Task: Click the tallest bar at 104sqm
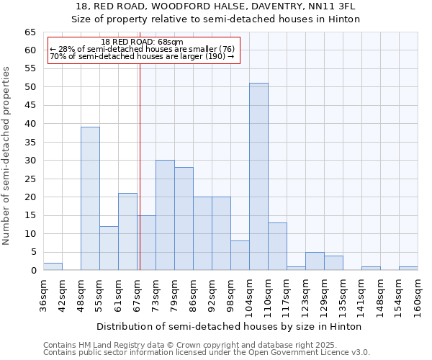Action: pyautogui.click(x=258, y=176)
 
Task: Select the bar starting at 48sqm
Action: pyautogui.click(x=90, y=199)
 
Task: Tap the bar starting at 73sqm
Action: pyautogui.click(x=165, y=215)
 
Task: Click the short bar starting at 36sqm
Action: pyautogui.click(x=53, y=266)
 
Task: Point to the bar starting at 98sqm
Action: pyautogui.click(x=240, y=256)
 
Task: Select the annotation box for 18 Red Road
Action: pyautogui.click(x=143, y=50)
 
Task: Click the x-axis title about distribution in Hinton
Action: pyautogui.click(x=228, y=326)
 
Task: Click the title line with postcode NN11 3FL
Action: pyautogui.click(x=216, y=6)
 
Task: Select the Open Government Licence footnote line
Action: pyautogui.click(x=207, y=353)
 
